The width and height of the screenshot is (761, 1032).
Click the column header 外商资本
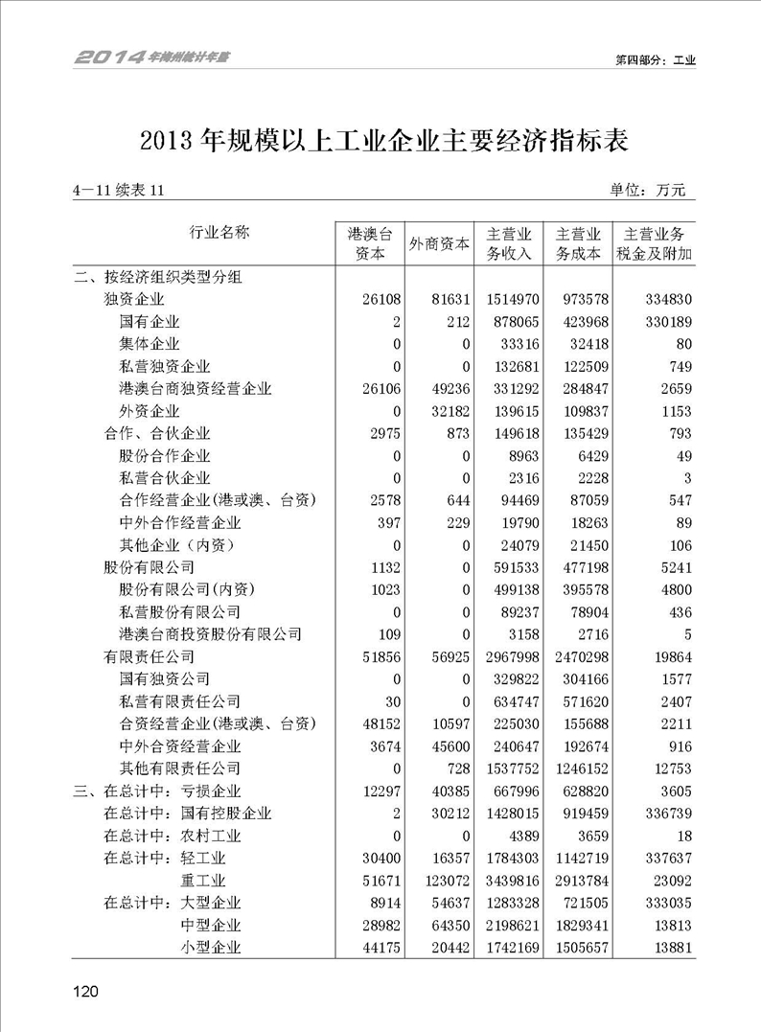pyautogui.click(x=440, y=243)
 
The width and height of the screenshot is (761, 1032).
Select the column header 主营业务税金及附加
pyautogui.click(x=657, y=243)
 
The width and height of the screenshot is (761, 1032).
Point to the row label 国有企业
pyautogui.click(x=150, y=321)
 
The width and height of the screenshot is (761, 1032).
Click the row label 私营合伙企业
pyautogui.click(x=165, y=478)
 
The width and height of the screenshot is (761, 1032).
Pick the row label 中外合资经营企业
pyautogui.click(x=180, y=745)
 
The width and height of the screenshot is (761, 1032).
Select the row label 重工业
pyautogui.click(x=203, y=880)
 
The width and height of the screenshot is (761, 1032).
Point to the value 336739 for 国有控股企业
pyautogui.click(x=668, y=813)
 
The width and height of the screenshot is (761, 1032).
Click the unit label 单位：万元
pyautogui.click(x=649, y=190)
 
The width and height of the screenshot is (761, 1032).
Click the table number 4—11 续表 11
pyautogui.click(x=119, y=191)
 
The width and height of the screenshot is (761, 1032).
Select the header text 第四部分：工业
pyautogui.click(x=655, y=59)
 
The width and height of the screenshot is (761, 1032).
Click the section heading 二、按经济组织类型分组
pyautogui.click(x=158, y=278)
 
